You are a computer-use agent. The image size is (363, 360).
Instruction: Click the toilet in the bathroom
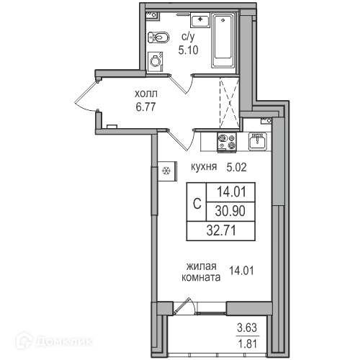click(x=158, y=37)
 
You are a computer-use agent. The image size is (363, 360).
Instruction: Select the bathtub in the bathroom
click(x=223, y=40)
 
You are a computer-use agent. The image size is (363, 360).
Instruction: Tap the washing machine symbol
click(x=155, y=62)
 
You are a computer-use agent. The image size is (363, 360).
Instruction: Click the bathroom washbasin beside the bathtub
click(x=200, y=20)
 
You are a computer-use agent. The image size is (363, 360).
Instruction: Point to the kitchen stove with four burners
click(x=227, y=143)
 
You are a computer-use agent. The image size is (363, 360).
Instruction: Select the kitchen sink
click(x=258, y=141)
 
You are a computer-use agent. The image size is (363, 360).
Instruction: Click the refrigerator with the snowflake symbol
click(x=167, y=171)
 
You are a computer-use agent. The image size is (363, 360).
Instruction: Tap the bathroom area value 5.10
click(x=188, y=50)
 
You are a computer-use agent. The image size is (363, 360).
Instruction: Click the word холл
click(x=146, y=94)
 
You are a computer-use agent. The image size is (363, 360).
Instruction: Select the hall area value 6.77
click(x=145, y=107)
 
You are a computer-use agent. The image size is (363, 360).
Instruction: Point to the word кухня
click(x=204, y=166)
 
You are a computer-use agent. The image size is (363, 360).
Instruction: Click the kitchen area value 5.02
click(x=236, y=167)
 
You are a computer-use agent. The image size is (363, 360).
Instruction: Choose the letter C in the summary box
click(x=197, y=204)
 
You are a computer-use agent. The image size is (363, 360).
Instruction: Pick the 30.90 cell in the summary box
click(x=230, y=211)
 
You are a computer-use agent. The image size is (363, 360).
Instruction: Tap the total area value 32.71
click(x=221, y=230)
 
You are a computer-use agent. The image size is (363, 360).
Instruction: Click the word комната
click(x=201, y=277)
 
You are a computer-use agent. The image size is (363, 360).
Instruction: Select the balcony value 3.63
click(x=247, y=328)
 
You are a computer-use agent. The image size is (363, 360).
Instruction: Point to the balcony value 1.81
click(x=247, y=344)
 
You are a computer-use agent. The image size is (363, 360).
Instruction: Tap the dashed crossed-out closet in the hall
click(x=230, y=103)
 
